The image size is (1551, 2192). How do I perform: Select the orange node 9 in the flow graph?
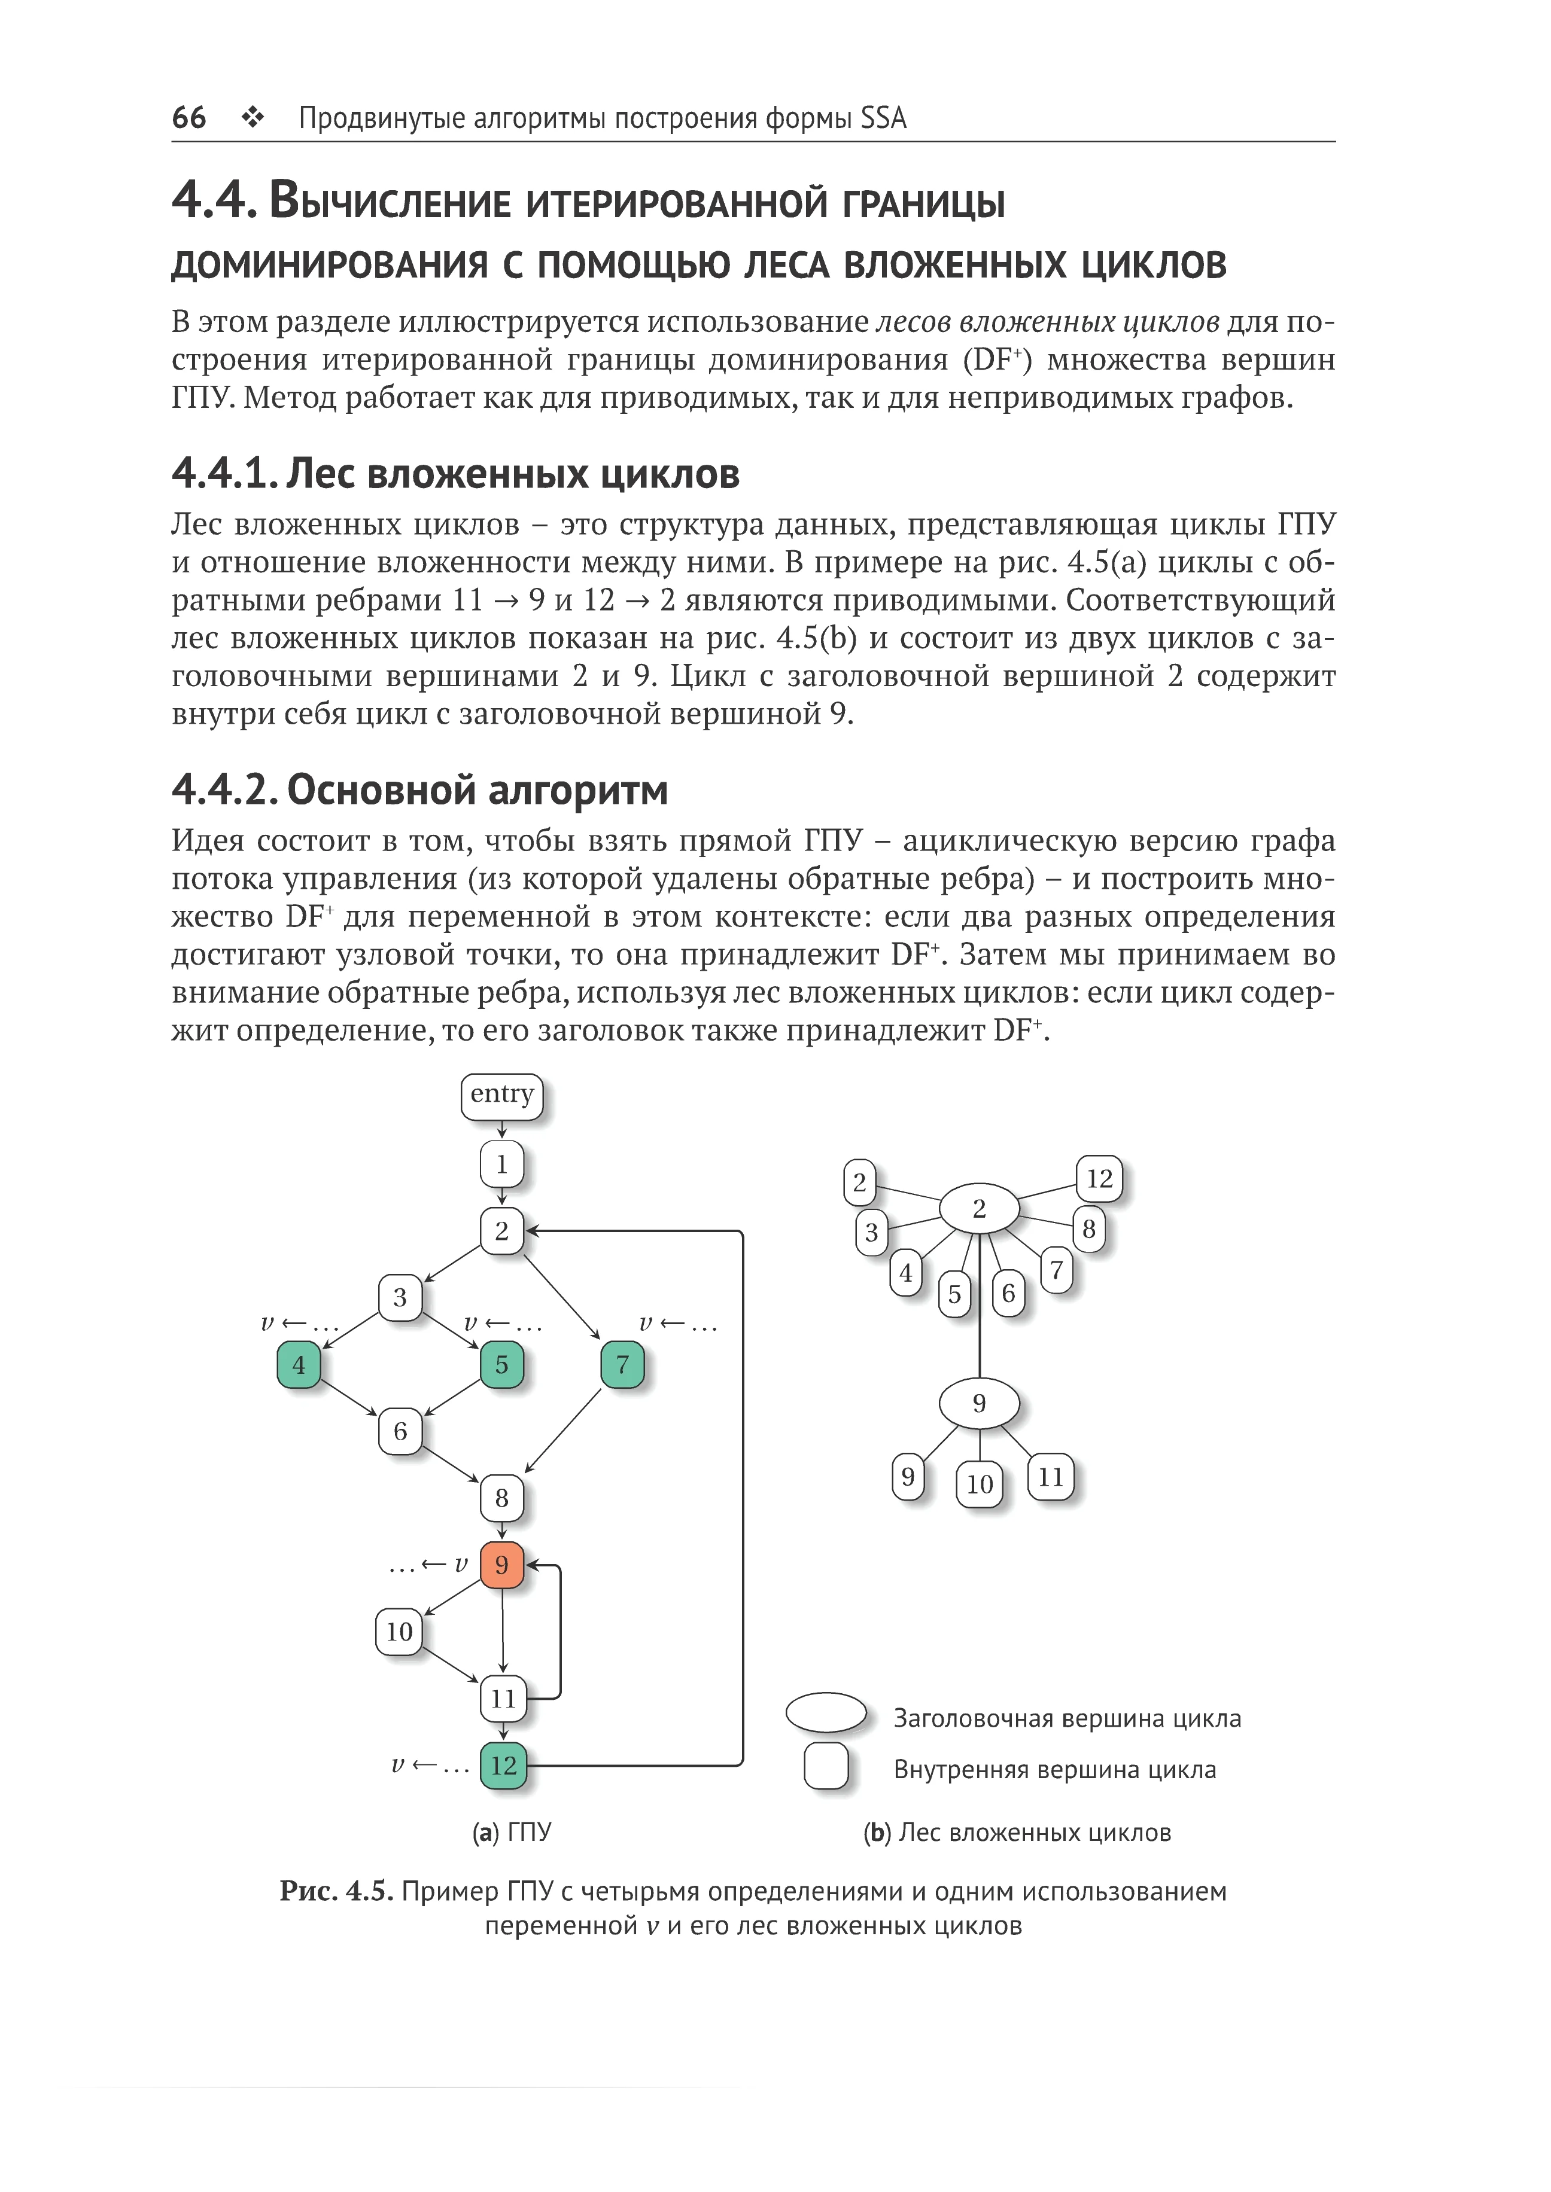(501, 1565)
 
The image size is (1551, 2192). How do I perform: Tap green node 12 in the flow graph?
(503, 1765)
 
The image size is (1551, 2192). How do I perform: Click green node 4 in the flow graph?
(299, 1364)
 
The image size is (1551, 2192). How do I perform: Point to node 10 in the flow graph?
(399, 1632)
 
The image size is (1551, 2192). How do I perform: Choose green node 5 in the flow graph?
(501, 1364)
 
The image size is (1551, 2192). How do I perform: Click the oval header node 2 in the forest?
(979, 1209)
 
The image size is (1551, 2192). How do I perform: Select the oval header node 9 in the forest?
(979, 1403)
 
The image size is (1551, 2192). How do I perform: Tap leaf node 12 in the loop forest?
(1099, 1179)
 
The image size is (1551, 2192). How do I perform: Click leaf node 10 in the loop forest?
(980, 1484)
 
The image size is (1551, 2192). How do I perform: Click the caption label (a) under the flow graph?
(486, 1832)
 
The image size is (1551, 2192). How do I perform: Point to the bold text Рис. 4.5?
(336, 1891)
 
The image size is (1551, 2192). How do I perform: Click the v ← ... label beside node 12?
(430, 1765)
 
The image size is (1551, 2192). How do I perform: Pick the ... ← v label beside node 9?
(429, 1565)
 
